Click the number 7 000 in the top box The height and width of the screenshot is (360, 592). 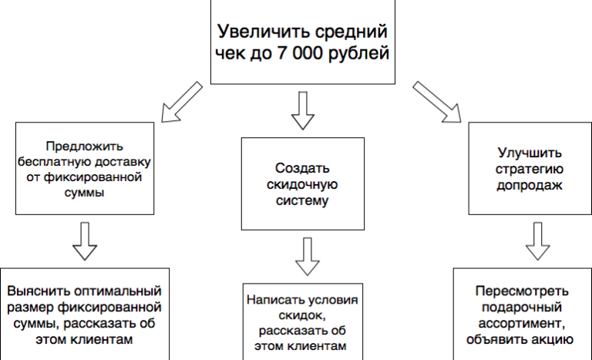point(300,53)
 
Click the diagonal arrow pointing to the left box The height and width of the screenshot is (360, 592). point(182,102)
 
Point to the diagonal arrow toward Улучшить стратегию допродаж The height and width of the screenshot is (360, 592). point(437,102)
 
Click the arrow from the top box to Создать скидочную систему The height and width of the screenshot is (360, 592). point(303,111)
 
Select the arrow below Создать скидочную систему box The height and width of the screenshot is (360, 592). point(308,257)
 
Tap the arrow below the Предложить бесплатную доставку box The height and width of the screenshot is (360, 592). point(85,241)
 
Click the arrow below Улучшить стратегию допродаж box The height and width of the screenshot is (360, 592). point(537,241)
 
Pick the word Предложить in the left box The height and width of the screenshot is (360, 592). point(85,146)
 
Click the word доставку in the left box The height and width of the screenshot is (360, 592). point(123,162)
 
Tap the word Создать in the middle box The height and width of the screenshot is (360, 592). point(302,168)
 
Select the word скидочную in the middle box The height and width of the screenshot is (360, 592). point(302,185)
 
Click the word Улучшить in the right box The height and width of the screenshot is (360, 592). point(530,153)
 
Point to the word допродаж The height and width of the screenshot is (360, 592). point(530,185)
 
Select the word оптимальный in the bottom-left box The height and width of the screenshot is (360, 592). point(118,291)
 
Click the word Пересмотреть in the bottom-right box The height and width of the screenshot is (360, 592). point(522,291)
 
